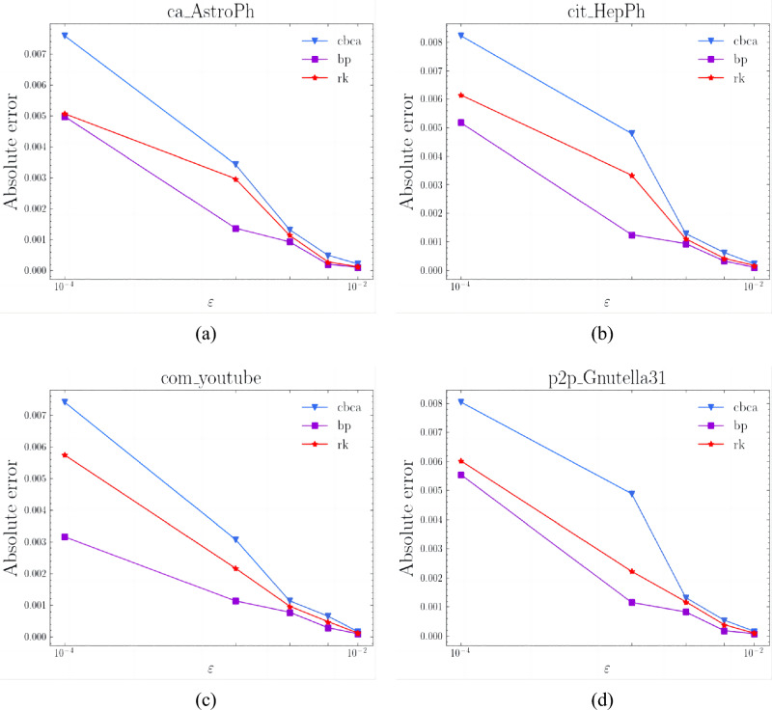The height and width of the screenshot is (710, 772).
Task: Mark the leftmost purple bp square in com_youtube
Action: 65,536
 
